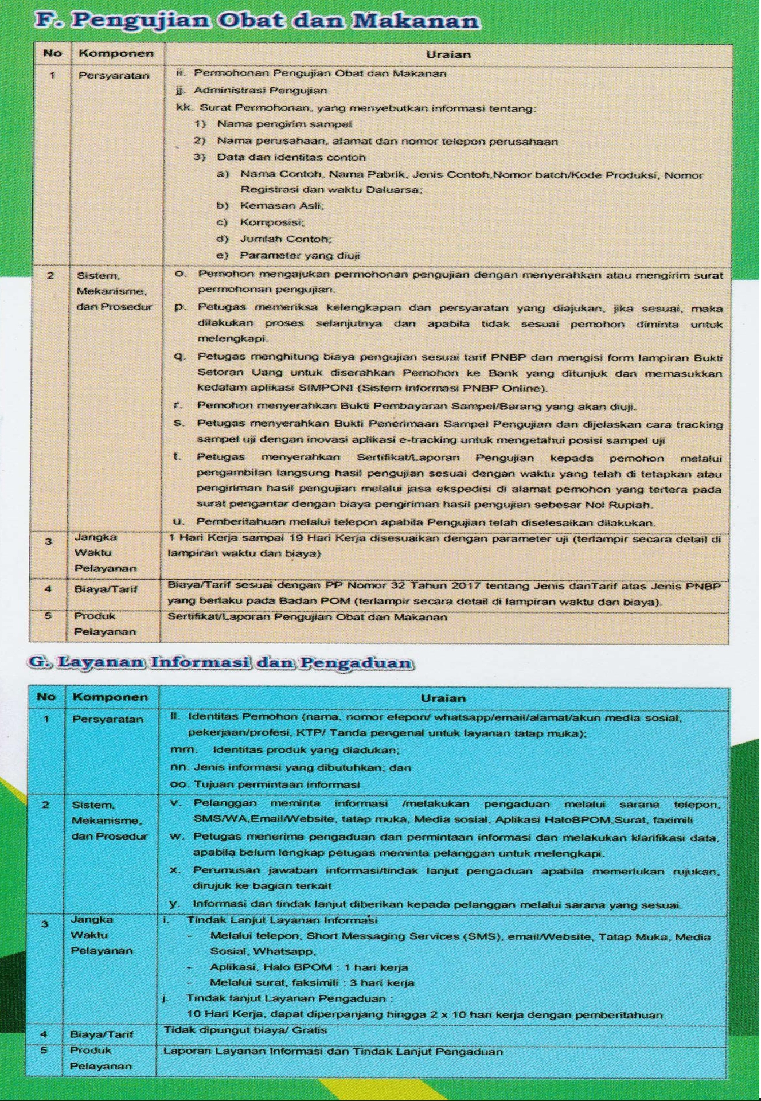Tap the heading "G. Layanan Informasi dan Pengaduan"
click(x=220, y=663)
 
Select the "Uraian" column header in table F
click(x=448, y=55)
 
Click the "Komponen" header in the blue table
click(x=110, y=697)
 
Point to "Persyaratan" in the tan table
click(x=114, y=76)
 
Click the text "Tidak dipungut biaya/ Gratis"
click(x=245, y=1030)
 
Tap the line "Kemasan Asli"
click(x=282, y=205)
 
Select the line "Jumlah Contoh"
click(x=286, y=239)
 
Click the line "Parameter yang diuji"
click(x=299, y=256)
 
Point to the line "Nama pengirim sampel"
click(x=284, y=124)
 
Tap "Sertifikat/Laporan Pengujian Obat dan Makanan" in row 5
click(x=307, y=618)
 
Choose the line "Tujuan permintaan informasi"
click(x=276, y=784)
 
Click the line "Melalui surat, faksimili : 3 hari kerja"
click(x=312, y=983)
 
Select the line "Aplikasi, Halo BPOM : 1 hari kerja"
click(x=309, y=967)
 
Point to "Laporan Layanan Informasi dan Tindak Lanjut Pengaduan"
click(x=333, y=1052)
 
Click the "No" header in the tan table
click(x=52, y=53)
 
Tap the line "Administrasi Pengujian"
click(x=260, y=91)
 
